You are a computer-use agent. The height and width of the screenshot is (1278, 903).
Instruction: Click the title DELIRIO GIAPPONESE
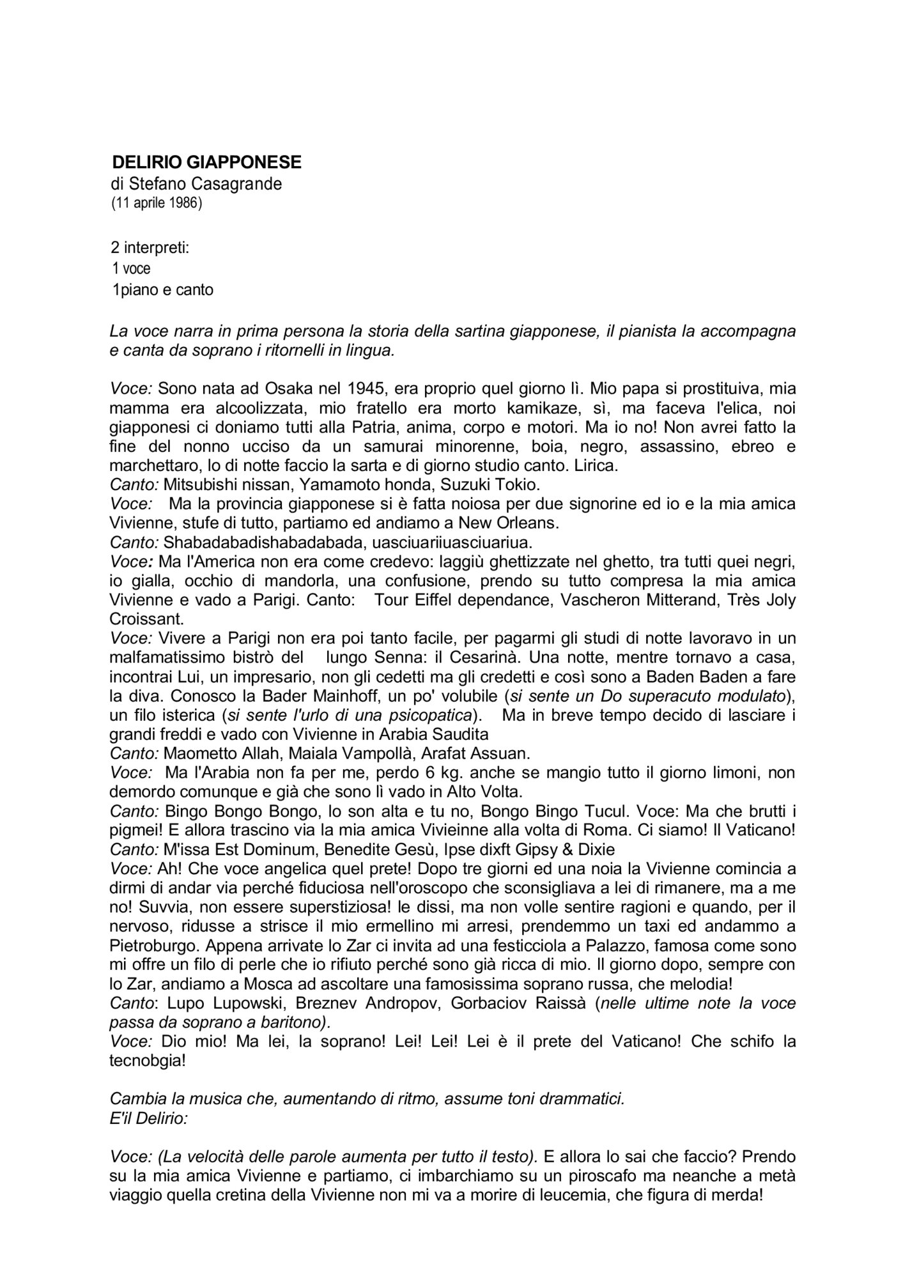[206, 162]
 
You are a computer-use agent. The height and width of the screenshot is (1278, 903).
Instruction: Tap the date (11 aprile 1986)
[156, 204]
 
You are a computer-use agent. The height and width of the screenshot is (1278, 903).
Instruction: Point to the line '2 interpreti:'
[150, 247]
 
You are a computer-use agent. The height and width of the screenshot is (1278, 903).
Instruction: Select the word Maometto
[198, 753]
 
